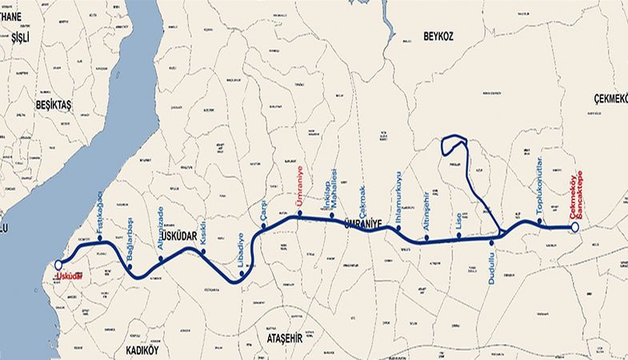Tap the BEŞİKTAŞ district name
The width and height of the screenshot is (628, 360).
(x=54, y=105)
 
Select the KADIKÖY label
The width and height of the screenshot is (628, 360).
(x=144, y=350)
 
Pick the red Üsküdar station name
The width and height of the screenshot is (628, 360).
(x=70, y=277)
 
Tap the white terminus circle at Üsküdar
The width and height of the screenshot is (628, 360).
(x=58, y=266)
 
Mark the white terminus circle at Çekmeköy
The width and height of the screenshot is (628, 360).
(x=574, y=228)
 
